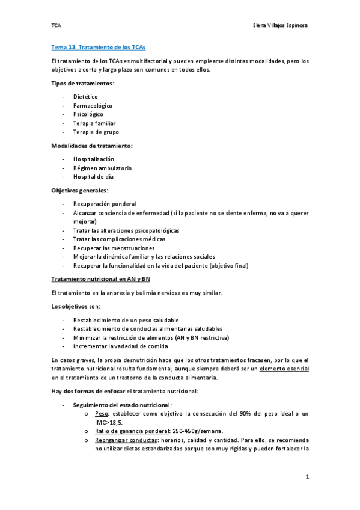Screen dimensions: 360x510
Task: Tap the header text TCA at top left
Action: click(x=56, y=25)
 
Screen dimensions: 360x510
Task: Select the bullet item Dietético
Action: click(x=85, y=96)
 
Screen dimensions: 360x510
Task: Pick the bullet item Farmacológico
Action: click(x=93, y=105)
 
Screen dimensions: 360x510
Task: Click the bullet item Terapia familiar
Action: click(x=95, y=123)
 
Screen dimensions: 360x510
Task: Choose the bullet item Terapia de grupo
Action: click(x=96, y=132)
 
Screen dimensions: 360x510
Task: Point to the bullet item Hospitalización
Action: click(x=94, y=159)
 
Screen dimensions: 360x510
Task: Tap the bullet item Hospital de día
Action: click(x=93, y=177)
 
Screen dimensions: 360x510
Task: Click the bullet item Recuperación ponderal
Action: click(x=105, y=203)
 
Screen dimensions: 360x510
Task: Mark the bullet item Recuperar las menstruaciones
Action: click(x=114, y=248)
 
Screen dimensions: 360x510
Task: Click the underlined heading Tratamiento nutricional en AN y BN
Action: click(x=100, y=279)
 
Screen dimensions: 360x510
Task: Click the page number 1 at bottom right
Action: click(x=307, y=477)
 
